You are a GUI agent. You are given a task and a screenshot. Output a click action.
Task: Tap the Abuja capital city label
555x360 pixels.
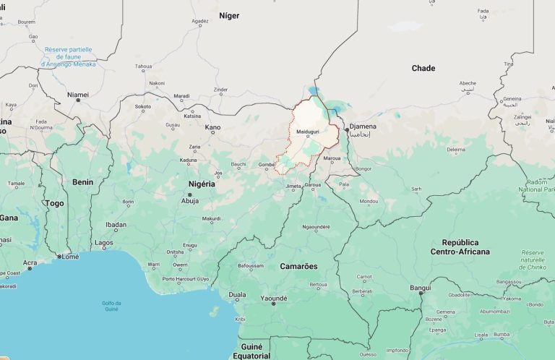pos(190,201)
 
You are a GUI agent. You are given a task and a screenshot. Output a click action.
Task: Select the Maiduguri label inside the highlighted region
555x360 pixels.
pos(309,132)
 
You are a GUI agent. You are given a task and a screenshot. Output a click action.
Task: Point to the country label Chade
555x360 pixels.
pos(423,68)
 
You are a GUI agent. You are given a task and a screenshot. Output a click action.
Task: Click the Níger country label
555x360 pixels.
pos(228,15)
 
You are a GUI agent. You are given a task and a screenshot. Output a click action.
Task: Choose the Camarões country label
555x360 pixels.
pos(298,266)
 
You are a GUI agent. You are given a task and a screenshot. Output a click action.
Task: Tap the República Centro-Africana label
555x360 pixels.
pos(460,247)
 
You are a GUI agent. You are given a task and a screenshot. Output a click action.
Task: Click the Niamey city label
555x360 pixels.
pos(77,94)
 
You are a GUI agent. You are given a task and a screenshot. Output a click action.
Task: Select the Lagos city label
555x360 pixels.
pos(103,243)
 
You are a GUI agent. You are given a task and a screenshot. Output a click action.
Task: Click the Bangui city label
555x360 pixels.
pos(420,288)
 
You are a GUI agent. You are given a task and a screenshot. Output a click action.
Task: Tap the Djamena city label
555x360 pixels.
pos(363,126)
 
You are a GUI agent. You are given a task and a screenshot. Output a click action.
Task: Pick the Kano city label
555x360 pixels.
pos(212,127)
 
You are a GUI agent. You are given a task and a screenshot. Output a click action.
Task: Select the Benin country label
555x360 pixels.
pos(82,182)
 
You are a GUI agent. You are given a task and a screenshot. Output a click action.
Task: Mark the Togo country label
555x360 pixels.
pos(54,203)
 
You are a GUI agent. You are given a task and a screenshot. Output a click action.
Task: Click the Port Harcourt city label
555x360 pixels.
pos(178,278)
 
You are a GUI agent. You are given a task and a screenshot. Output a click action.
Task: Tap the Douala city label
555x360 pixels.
pos(237,294)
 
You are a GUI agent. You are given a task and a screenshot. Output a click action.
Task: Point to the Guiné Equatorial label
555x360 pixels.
pos(251,351)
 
